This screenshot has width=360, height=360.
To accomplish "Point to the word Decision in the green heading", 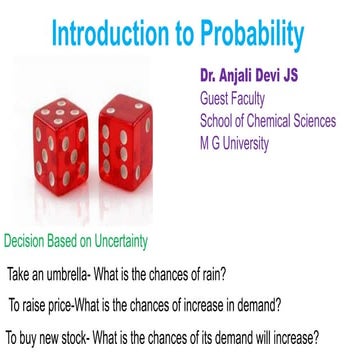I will (27, 242).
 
